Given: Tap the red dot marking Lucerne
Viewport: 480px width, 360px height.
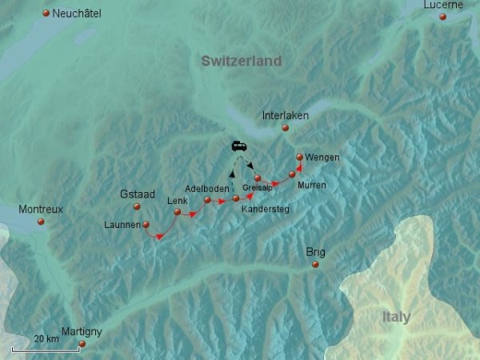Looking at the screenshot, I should click(x=442, y=16).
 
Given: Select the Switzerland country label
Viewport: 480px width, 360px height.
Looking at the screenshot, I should click(x=242, y=61).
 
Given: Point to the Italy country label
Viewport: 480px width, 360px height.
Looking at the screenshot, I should click(x=395, y=318).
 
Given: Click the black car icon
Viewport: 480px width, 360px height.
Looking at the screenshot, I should click(x=239, y=146).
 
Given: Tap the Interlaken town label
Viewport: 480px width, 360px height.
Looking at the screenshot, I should click(x=286, y=115).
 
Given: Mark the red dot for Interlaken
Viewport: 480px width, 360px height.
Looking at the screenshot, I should click(x=285, y=127).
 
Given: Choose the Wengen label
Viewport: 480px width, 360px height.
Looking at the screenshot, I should click(x=322, y=158).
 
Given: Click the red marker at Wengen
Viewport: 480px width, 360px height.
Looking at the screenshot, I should click(x=299, y=158).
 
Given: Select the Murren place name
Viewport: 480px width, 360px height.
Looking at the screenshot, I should click(x=311, y=185).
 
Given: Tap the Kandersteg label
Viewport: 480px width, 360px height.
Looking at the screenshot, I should click(x=265, y=209).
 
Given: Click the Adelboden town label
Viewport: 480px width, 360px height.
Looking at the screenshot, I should click(x=206, y=189).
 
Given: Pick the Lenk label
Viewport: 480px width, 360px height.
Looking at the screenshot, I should click(x=177, y=201).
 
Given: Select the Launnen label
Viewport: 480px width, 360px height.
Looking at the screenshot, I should click(x=122, y=225).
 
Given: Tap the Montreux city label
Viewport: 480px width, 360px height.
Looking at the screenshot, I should click(x=40, y=209).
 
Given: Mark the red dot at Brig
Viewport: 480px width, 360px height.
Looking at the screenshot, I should click(x=315, y=264).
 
